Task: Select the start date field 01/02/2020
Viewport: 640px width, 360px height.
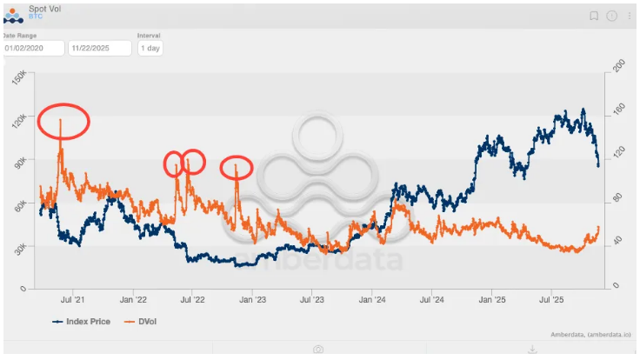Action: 33,48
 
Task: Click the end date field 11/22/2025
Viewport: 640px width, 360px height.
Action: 100,48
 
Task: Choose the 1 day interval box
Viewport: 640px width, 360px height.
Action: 150,48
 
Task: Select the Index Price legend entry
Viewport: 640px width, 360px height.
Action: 82,321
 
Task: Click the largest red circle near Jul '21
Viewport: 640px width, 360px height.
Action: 63,121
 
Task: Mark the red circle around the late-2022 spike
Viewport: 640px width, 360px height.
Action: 236,167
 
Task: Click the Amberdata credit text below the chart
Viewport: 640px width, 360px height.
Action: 590,335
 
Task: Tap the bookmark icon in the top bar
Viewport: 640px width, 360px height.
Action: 594,16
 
